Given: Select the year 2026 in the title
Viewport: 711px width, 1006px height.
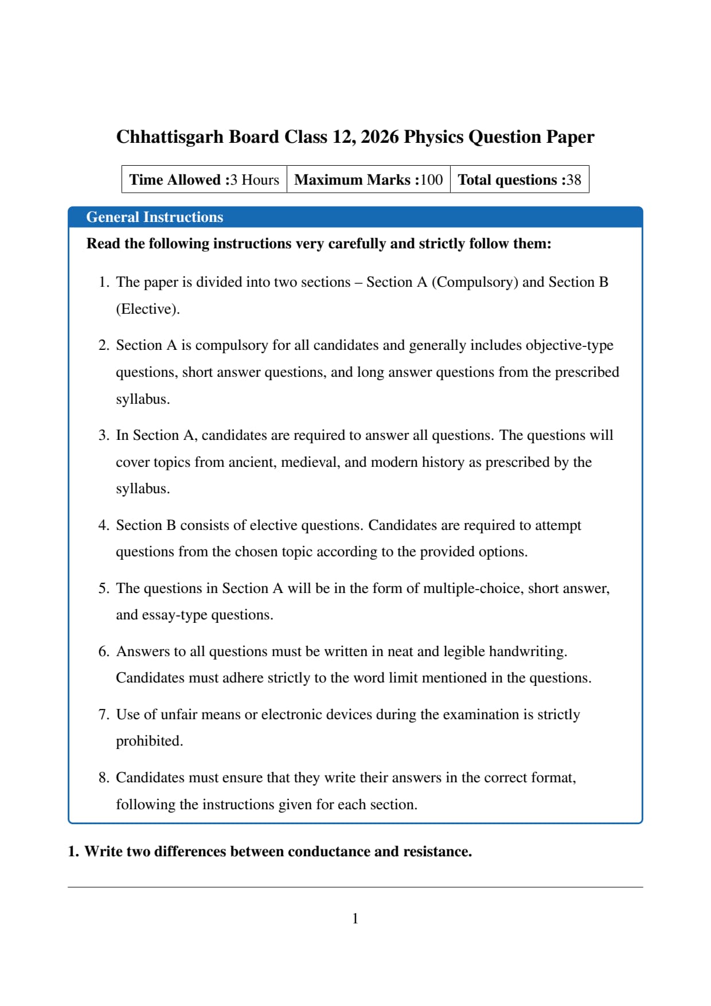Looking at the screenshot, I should click(380, 137).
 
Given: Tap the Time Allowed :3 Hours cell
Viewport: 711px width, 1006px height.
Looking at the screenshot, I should click(204, 180).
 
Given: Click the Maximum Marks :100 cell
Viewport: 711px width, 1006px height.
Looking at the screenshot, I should click(368, 180).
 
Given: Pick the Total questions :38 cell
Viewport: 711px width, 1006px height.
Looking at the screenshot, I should click(519, 180).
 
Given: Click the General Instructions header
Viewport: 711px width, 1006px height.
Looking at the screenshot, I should click(154, 217).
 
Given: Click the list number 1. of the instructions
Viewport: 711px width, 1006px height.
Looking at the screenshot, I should click(104, 282).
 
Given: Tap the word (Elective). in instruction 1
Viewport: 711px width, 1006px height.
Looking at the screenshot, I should click(147, 309).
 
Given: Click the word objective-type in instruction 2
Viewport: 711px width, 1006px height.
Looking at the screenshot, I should click(569, 345).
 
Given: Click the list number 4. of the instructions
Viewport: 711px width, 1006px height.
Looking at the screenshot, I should click(104, 525).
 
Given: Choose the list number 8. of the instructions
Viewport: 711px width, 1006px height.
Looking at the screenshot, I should click(104, 778).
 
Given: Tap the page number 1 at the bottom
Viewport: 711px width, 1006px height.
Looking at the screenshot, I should click(355, 919).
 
